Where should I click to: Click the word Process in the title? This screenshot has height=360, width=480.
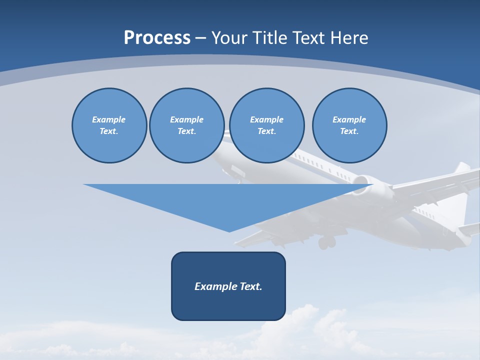157,37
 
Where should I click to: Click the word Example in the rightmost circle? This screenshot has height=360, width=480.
349,119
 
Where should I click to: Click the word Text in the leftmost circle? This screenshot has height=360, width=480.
108,131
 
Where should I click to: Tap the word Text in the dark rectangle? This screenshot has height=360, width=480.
251,286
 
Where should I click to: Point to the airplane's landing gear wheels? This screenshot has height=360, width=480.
327,242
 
